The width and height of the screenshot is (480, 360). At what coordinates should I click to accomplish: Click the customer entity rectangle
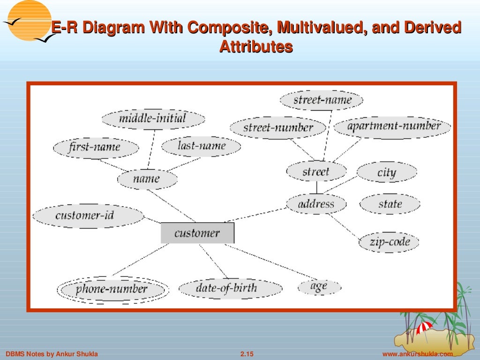[197, 233]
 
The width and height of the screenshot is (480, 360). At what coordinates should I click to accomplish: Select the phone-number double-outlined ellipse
[112, 289]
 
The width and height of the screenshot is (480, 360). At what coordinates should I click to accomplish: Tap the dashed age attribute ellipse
[319, 286]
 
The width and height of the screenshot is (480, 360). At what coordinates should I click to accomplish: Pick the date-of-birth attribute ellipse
[226, 288]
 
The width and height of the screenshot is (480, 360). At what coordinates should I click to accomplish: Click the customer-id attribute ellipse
[88, 216]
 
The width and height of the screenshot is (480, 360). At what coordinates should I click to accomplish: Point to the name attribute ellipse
[147, 179]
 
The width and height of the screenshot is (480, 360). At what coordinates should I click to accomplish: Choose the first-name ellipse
[96, 148]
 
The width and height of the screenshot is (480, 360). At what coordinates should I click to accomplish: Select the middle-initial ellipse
[153, 118]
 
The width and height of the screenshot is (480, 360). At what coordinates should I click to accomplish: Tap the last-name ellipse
[201, 146]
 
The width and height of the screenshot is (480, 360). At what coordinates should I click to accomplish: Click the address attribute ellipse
[316, 204]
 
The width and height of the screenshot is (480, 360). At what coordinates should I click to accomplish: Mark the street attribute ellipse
[316, 172]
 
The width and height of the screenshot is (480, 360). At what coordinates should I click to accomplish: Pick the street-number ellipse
[278, 127]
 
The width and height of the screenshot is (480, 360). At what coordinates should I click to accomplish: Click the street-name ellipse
[322, 100]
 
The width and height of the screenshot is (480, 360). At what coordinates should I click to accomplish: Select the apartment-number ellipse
[392, 127]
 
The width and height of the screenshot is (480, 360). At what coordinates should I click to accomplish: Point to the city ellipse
[386, 172]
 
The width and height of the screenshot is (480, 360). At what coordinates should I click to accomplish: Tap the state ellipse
[390, 204]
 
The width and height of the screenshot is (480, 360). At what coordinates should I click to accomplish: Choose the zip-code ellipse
[389, 242]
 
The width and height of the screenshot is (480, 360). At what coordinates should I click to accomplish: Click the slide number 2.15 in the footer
[247, 354]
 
